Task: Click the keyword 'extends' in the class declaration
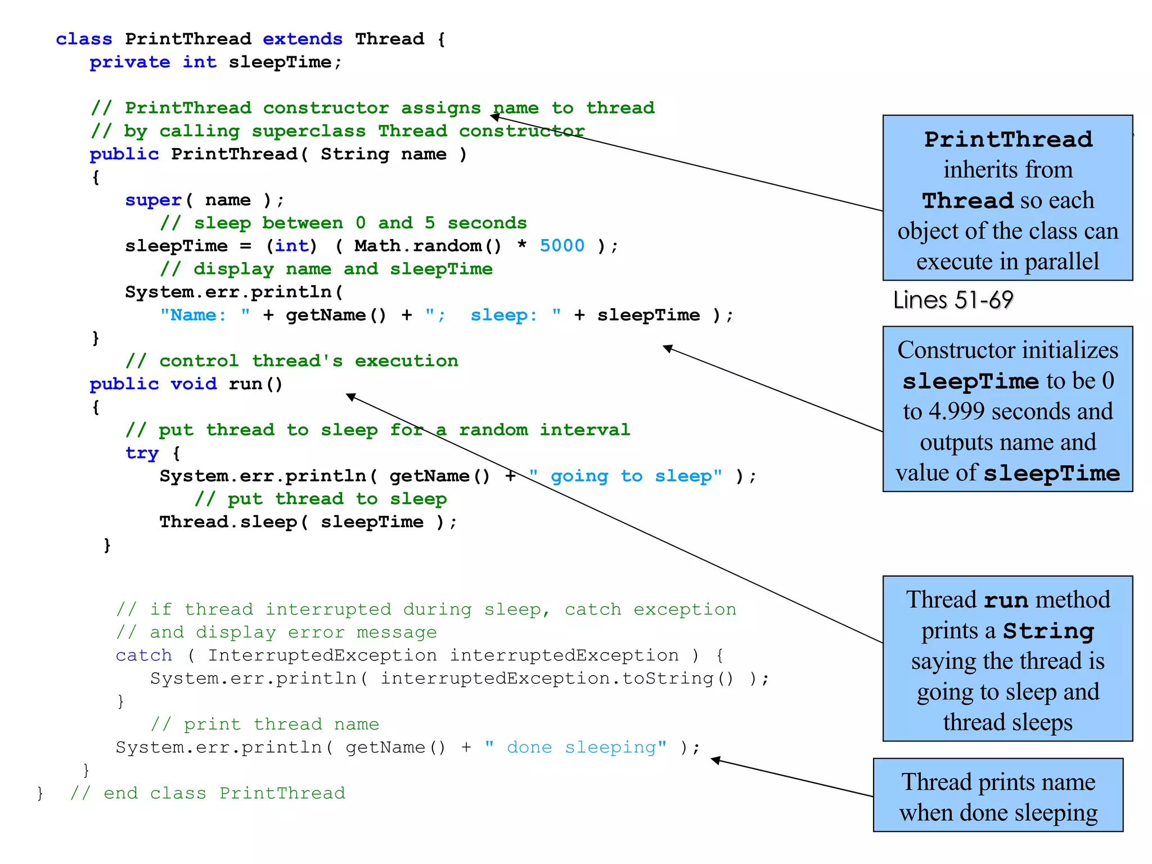tap(302, 39)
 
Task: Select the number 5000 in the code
tap(561, 246)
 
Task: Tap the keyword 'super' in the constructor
tap(153, 200)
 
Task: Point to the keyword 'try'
tap(142, 453)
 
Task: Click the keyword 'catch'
tap(143, 655)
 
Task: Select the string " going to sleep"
tap(625, 476)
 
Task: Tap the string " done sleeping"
tap(575, 747)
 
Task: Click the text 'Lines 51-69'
tap(953, 300)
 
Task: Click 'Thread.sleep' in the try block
tap(228, 522)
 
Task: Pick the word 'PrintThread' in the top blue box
tap(1008, 139)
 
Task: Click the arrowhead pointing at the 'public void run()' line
tap(350, 397)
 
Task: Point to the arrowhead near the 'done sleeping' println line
tap(715, 760)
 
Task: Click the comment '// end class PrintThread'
tap(207, 793)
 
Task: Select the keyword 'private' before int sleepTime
tap(129, 62)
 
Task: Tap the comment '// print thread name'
tap(264, 724)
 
